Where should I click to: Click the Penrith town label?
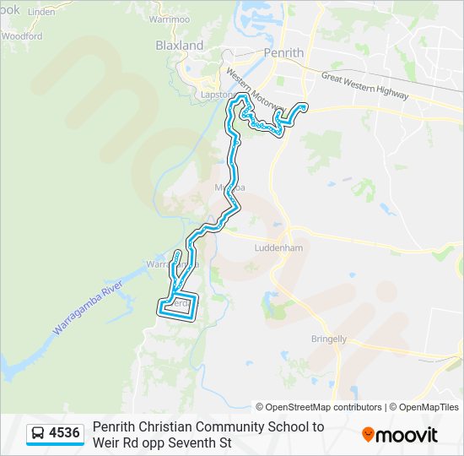283,53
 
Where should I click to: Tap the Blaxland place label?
179,46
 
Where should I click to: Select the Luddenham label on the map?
279,248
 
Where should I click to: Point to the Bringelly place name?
328,339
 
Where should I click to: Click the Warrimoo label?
169,19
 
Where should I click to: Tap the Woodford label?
22,36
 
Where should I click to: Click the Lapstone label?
216,95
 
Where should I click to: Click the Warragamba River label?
88,303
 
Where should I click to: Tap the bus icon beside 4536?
38,434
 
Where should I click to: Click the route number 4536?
65,434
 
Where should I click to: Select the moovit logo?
400,435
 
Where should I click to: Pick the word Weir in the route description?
105,442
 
